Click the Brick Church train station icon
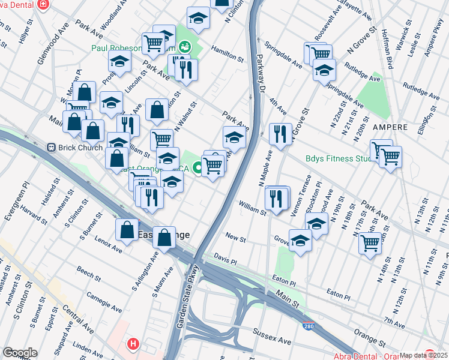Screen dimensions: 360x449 tap(51, 147)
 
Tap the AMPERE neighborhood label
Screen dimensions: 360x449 tap(390, 128)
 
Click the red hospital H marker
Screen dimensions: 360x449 tap(133, 344)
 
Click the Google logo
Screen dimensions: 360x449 tap(20, 352)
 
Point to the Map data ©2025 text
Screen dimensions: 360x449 tap(423, 355)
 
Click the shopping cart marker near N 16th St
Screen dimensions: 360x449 tap(370, 242)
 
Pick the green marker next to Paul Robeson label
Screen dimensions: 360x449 tap(185, 46)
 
